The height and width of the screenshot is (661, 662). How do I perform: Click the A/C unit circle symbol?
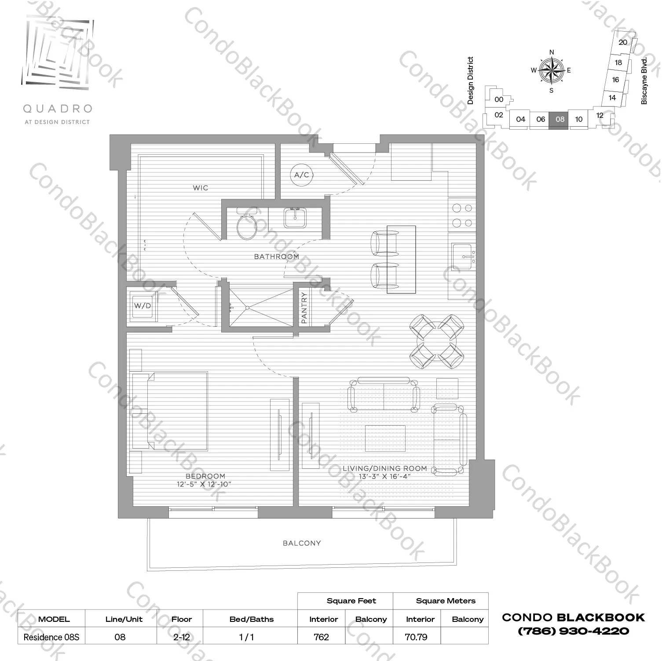[302, 175]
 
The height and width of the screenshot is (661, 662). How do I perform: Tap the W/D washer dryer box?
[142, 306]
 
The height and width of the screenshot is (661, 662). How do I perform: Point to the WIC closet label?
[201, 188]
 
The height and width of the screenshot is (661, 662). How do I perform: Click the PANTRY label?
[304, 308]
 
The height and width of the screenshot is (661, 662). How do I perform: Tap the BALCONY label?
[302, 543]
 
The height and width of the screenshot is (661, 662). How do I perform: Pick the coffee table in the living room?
[385, 438]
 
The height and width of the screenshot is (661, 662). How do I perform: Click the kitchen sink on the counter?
[462, 256]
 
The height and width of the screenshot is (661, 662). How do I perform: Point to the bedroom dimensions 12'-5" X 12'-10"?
[204, 484]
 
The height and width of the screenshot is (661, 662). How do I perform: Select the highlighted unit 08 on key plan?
[560, 119]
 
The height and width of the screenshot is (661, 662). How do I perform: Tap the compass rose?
[552, 70]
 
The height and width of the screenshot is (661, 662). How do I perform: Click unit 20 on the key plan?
[623, 43]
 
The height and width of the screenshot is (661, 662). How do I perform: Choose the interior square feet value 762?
[322, 637]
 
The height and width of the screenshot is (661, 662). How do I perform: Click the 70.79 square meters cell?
[416, 637]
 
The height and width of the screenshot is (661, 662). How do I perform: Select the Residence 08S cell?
[51, 637]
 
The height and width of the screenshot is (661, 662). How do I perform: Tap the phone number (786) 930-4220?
[574, 631]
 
